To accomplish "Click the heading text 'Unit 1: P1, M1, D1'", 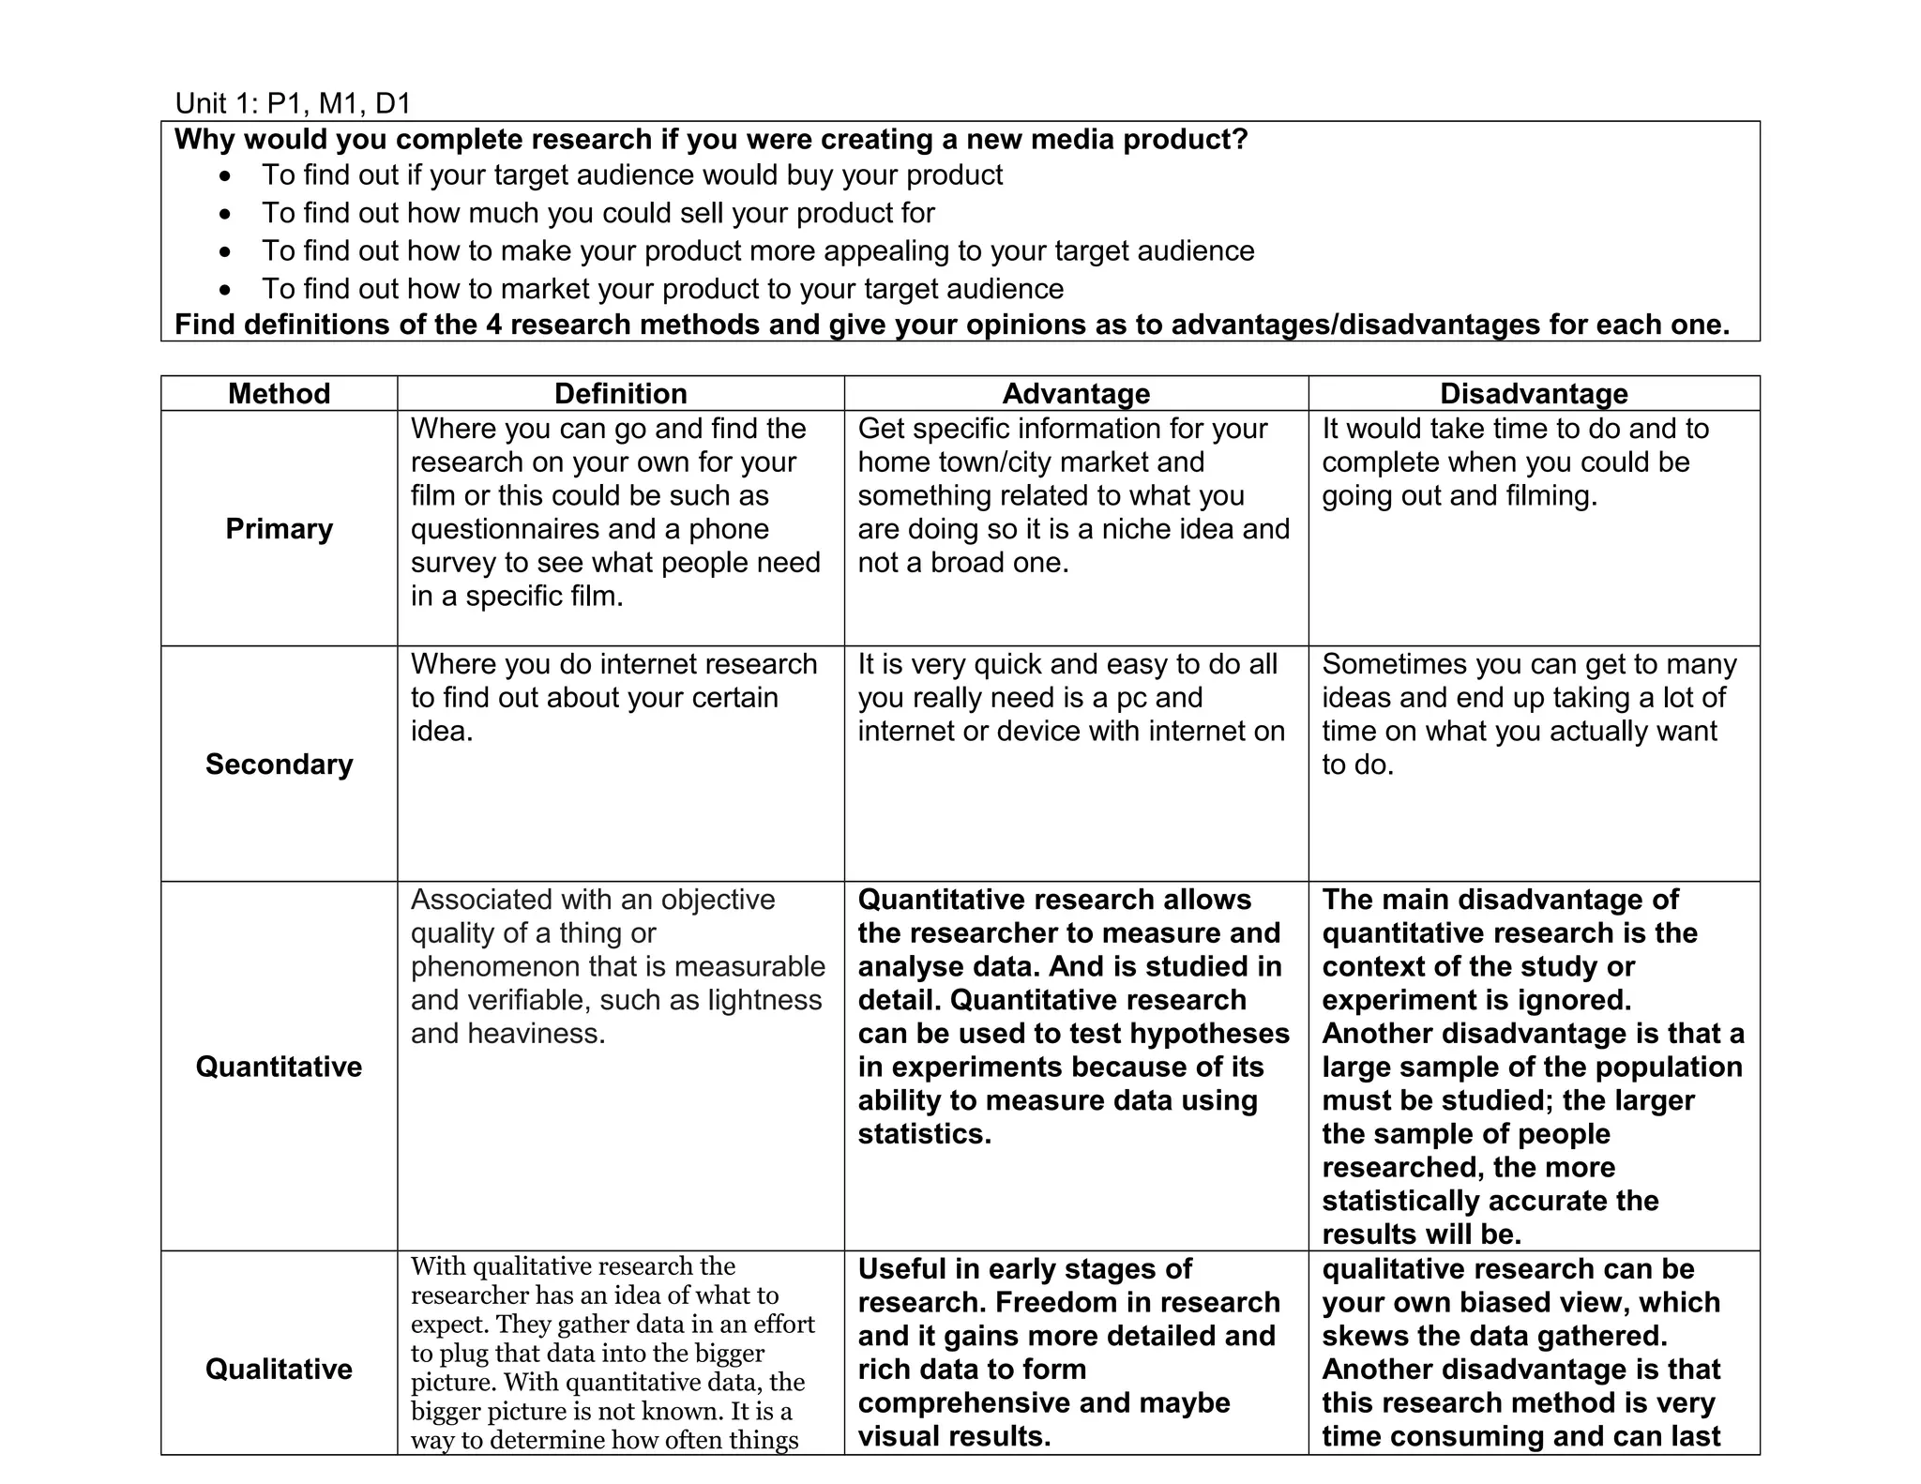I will (293, 103).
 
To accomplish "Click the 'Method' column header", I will (279, 393).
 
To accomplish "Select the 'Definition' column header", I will (620, 393).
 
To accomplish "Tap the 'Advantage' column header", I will (1076, 393).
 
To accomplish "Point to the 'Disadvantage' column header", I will (1534, 393).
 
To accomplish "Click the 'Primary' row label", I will (279, 529).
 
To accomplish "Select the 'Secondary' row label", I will (279, 765).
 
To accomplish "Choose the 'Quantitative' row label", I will (279, 1067).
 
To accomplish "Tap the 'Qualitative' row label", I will (279, 1369).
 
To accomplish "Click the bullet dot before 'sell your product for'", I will (224, 215).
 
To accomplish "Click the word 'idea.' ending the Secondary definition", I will (442, 731).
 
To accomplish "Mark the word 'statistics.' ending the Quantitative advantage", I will (924, 1133).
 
